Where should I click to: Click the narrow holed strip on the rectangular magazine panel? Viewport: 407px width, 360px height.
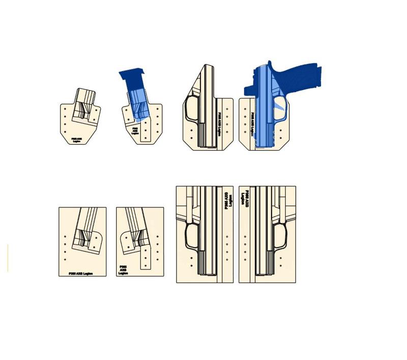[146, 257]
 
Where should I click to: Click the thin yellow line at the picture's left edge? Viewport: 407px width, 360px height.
[8, 257]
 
